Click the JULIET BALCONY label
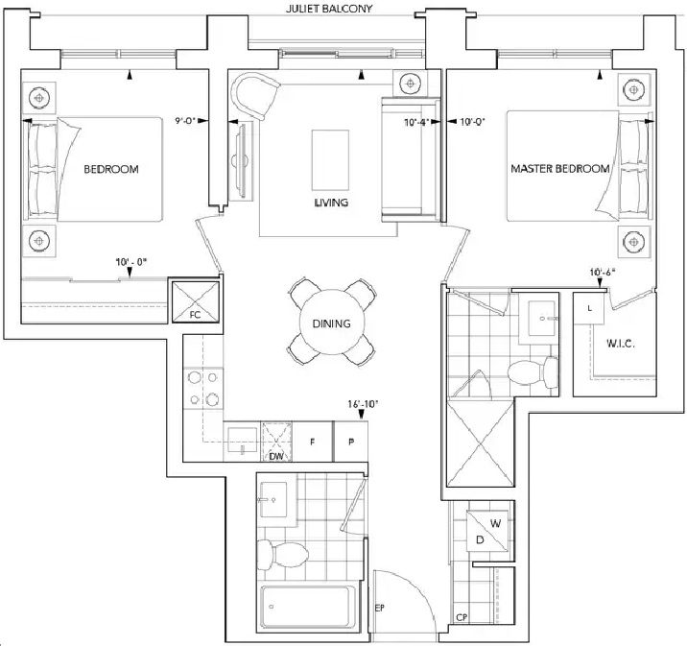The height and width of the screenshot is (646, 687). pyautogui.click(x=329, y=9)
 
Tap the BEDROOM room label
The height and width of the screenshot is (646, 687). pyautogui.click(x=111, y=169)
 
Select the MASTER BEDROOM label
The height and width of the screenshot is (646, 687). pyautogui.click(x=560, y=169)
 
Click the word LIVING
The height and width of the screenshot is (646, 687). pyautogui.click(x=331, y=203)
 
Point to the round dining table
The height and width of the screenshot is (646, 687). pyautogui.click(x=332, y=323)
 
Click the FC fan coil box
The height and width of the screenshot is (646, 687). pyautogui.click(x=196, y=302)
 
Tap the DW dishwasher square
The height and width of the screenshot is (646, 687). pyautogui.click(x=276, y=442)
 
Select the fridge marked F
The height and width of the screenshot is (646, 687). pyautogui.click(x=313, y=442)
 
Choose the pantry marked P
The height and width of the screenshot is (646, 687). pyautogui.click(x=351, y=442)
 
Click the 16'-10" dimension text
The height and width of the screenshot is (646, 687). pyautogui.click(x=363, y=404)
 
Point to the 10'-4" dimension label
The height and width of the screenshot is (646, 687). pyautogui.click(x=415, y=122)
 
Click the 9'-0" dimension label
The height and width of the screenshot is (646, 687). pyautogui.click(x=185, y=121)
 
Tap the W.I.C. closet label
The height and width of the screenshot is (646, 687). pyautogui.click(x=621, y=344)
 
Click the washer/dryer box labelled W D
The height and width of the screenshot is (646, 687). pyautogui.click(x=487, y=531)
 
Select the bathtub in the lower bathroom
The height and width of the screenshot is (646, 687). pyautogui.click(x=306, y=608)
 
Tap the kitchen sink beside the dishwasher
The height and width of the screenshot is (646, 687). pyautogui.click(x=243, y=441)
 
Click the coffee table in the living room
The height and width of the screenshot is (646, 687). pyautogui.click(x=330, y=160)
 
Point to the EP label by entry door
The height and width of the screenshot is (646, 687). pyautogui.click(x=380, y=608)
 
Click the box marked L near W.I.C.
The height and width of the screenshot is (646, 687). pyautogui.click(x=589, y=308)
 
